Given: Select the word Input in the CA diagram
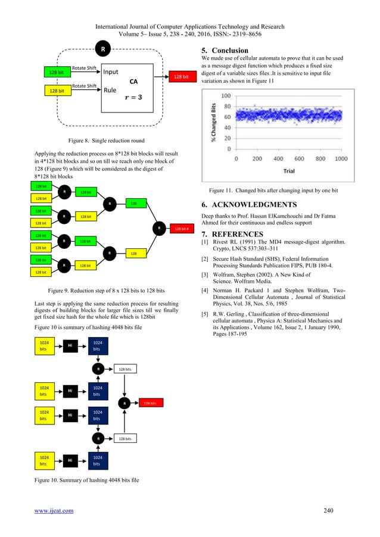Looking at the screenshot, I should tap(111, 72).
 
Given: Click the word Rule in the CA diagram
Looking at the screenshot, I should tap(110, 91).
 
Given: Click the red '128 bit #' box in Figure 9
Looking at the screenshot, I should tap(180, 228).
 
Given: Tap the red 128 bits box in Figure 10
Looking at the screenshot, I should tap(149, 403).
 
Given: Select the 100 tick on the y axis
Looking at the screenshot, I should tap(227, 96).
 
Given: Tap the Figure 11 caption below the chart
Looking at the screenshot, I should tap(281, 190).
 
